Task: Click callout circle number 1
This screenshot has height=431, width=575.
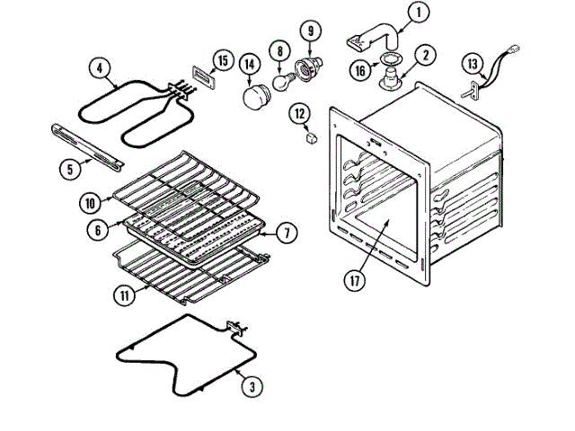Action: tap(418, 13)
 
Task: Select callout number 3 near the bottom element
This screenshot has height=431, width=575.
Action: tap(252, 388)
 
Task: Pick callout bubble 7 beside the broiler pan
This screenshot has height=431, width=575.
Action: tap(284, 233)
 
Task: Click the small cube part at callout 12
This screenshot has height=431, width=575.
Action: tap(311, 137)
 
